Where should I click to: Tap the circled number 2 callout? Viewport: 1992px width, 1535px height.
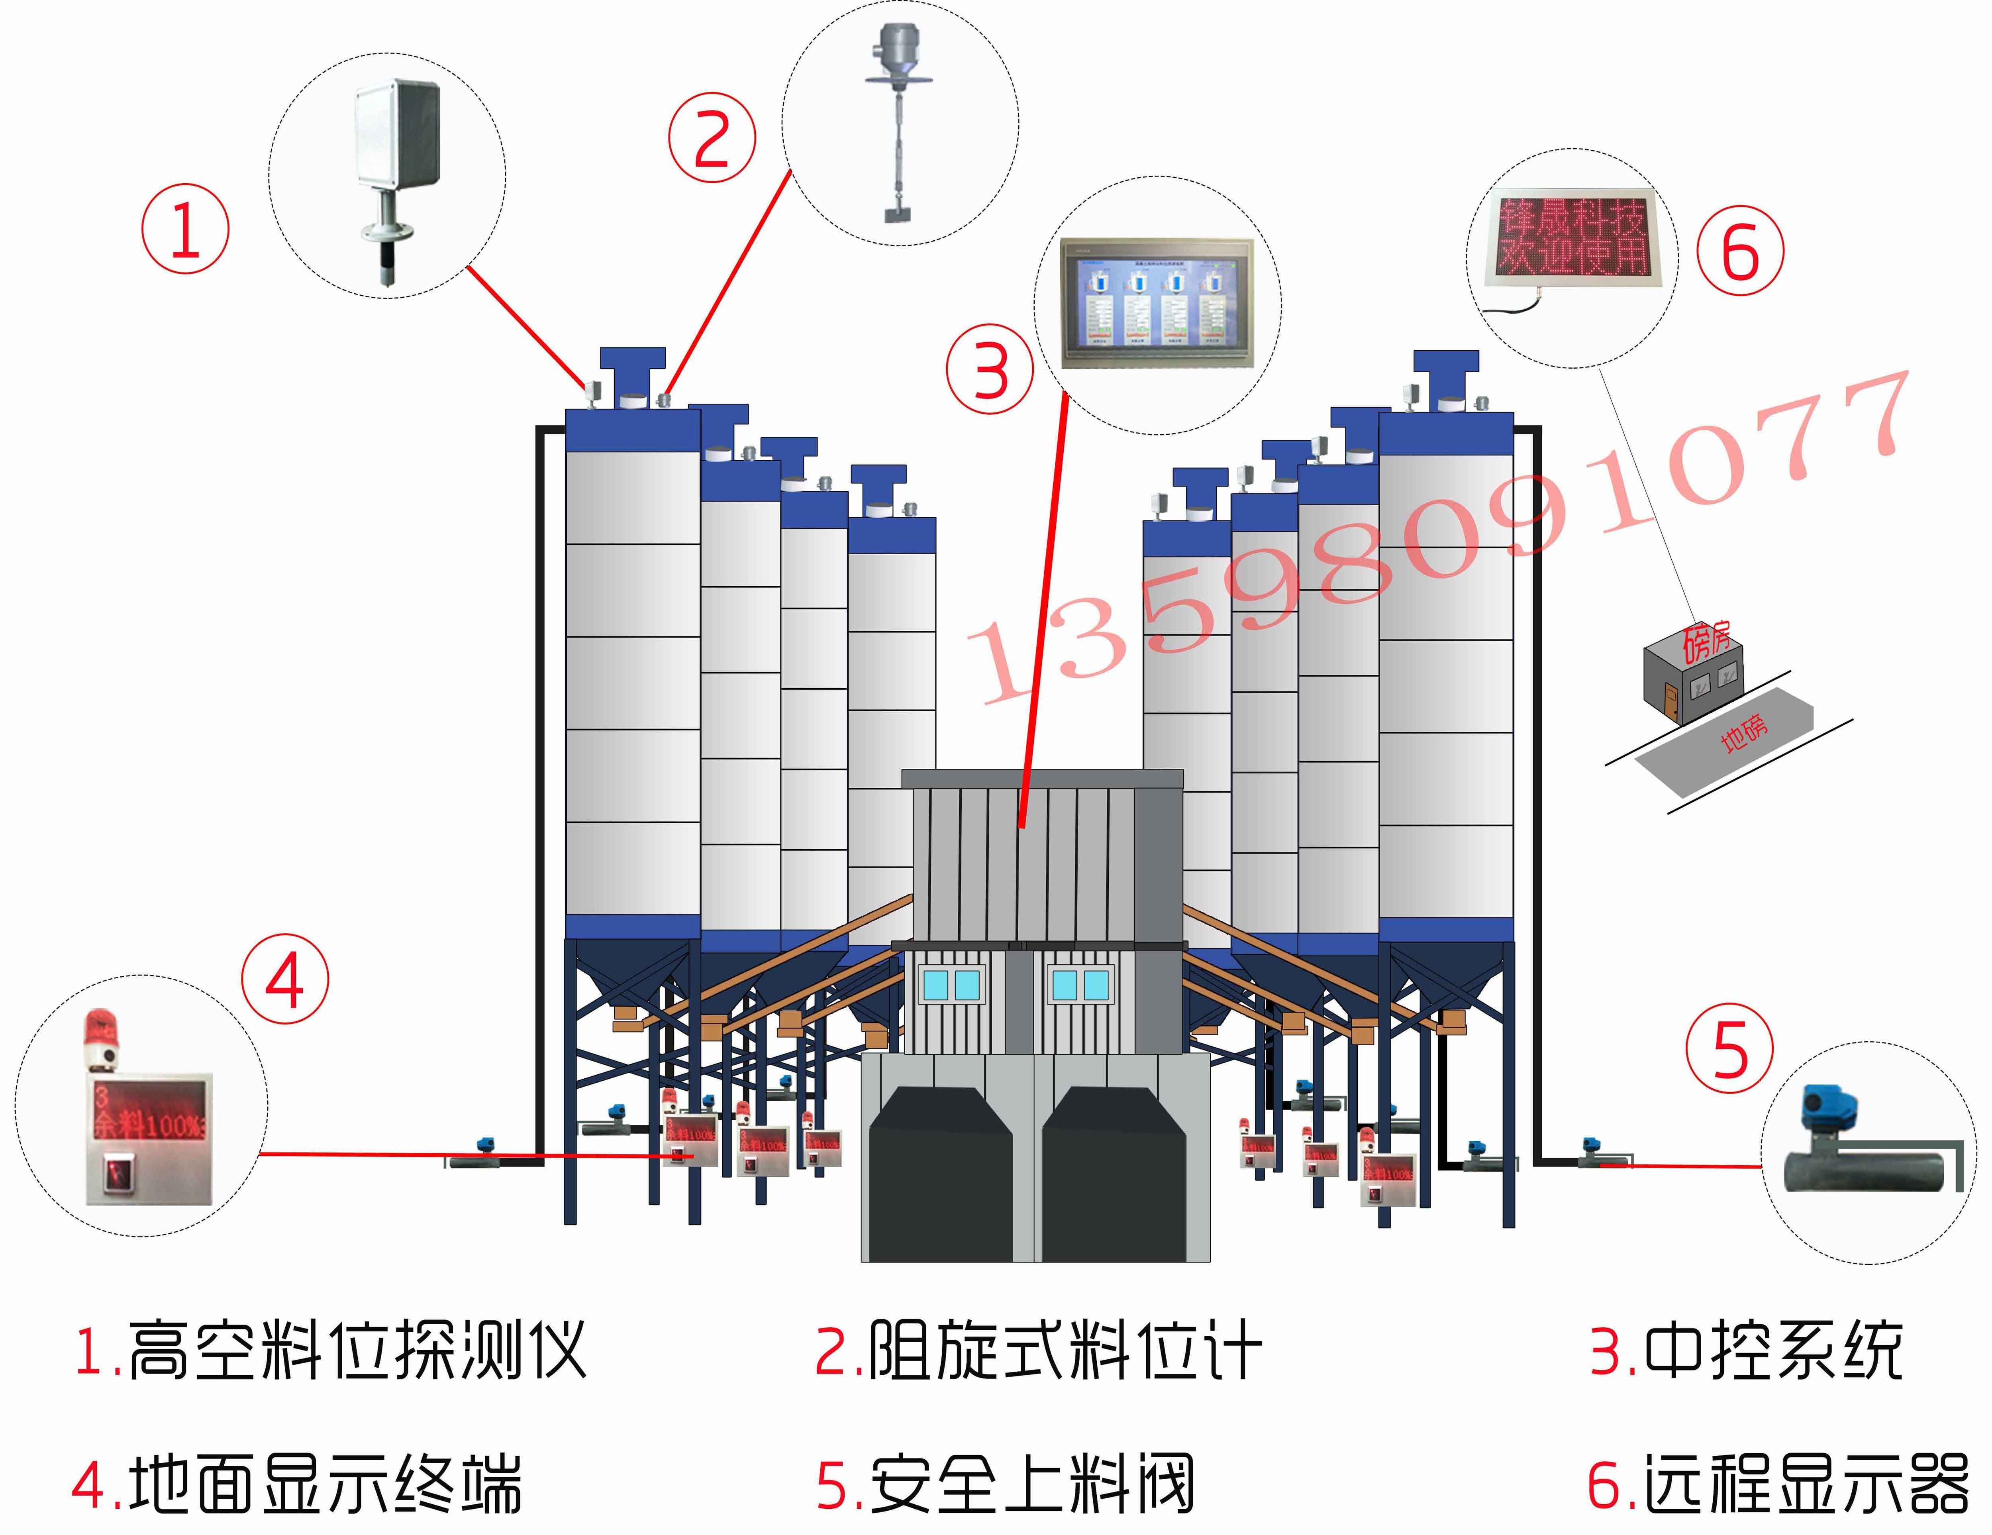712,139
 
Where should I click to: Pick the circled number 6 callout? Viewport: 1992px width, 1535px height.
1740,251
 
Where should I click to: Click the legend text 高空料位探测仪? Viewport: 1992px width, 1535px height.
356,1350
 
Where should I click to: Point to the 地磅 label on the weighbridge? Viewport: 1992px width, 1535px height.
1744,732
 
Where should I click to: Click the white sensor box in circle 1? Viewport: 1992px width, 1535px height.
397,135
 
